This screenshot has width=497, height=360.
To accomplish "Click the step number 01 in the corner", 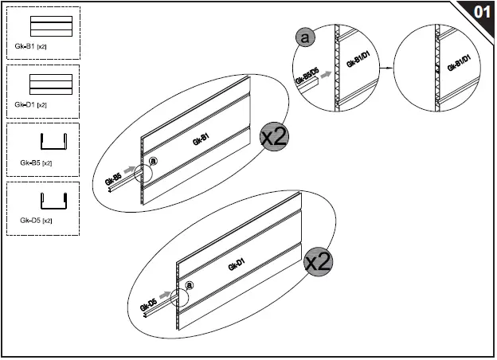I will [481, 12].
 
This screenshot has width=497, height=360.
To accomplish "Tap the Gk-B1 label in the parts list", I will [30, 47].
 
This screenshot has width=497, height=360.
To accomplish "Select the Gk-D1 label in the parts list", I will [30, 104].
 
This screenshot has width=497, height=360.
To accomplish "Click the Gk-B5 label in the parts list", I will [36, 162].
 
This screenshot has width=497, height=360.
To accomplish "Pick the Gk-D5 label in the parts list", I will [36, 220].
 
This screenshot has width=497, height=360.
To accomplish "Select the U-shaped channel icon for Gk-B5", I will [53, 143].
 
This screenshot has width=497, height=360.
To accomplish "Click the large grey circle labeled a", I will [304, 37].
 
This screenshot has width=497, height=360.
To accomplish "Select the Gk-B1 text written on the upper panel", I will [201, 140].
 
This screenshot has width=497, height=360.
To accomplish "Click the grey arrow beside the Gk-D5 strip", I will [165, 295].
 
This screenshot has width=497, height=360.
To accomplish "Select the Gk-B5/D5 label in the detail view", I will [307, 77].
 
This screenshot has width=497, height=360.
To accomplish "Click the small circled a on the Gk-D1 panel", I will [190, 284].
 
